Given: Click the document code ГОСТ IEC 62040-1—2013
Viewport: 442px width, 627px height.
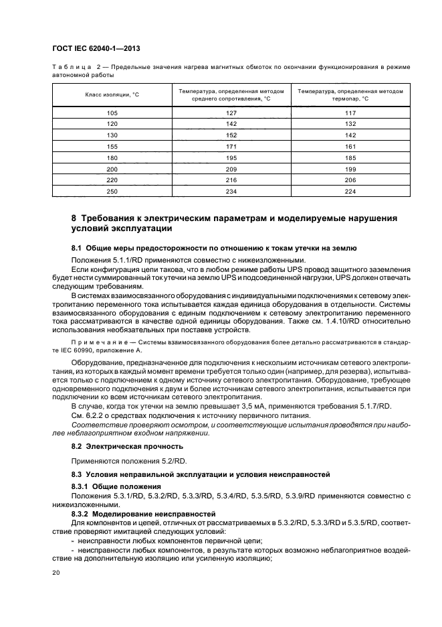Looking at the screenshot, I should pos(96,49).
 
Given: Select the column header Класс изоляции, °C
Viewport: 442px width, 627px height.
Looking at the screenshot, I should pos(112,94).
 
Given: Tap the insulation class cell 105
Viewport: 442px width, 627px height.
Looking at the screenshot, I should pos(112,113).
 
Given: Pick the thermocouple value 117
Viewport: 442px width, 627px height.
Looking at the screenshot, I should pos(350,113).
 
